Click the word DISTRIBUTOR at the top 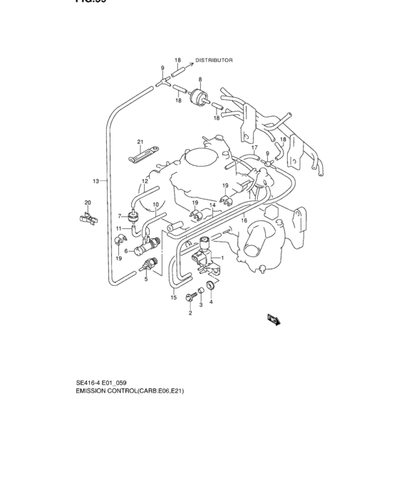214,61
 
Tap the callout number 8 200,79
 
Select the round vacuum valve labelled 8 200,96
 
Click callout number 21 140,142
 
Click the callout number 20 88,203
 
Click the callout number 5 146,279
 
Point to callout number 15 173,297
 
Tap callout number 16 244,221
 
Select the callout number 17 254,148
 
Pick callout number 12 145,181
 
